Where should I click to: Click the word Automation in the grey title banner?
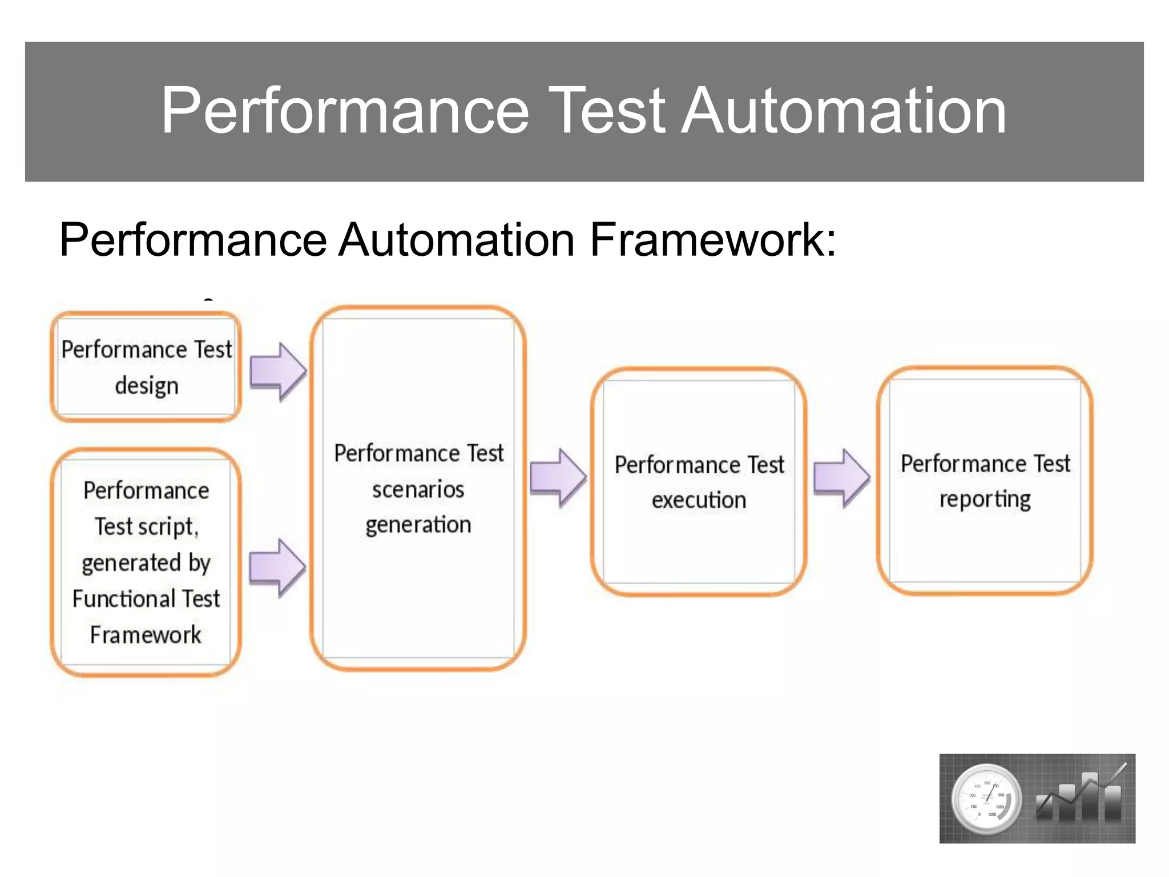point(844,111)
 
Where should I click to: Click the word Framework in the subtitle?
point(712,240)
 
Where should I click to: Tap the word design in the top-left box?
point(147,386)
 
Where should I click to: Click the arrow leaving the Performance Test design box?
point(279,372)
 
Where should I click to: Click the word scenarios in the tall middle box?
point(418,489)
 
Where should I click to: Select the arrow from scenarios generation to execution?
point(558,477)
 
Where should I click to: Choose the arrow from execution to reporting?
point(841,477)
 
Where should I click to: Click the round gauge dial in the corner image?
point(985,798)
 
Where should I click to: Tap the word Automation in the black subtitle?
point(457,240)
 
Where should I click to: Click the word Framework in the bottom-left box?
point(146,635)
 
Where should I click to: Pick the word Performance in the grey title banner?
point(345,111)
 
